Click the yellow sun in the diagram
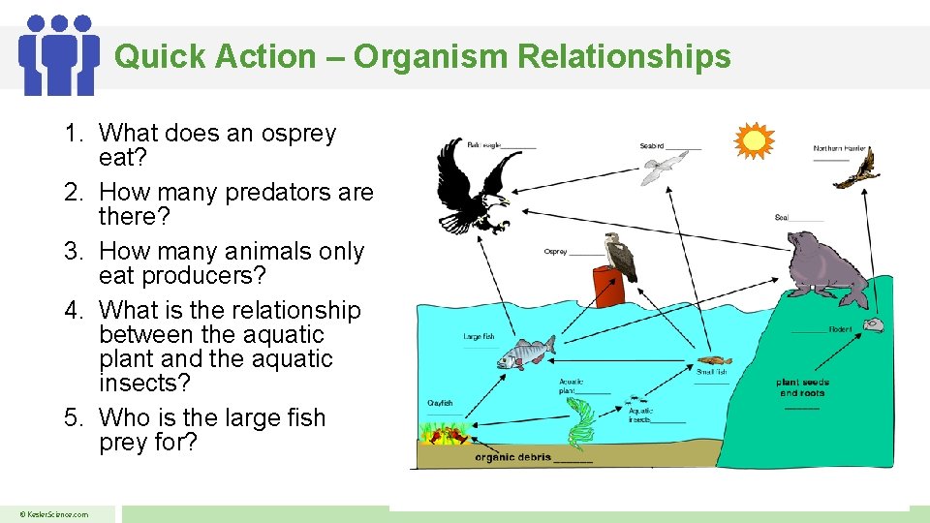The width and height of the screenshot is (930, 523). [x=754, y=141]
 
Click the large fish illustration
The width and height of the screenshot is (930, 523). [x=526, y=353]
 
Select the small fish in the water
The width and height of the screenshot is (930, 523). [x=709, y=360]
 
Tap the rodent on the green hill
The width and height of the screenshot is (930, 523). [x=874, y=325]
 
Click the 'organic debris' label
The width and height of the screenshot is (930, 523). [x=512, y=457]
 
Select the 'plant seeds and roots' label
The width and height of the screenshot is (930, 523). [x=802, y=387]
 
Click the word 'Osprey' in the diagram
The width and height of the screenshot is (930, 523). [x=555, y=252]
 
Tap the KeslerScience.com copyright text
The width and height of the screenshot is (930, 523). [x=56, y=514]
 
